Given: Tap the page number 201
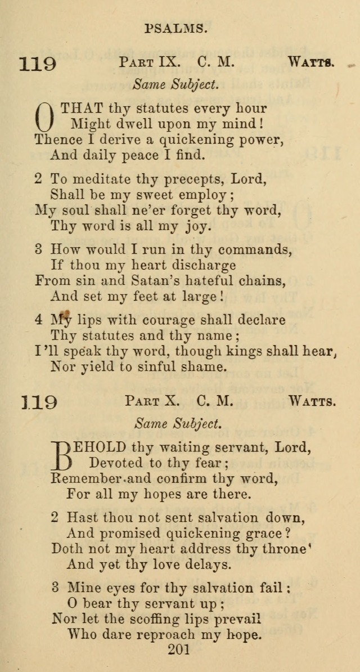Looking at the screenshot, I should (179, 650).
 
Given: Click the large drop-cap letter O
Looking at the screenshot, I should (46, 117).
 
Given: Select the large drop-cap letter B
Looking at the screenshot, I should (64, 455).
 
